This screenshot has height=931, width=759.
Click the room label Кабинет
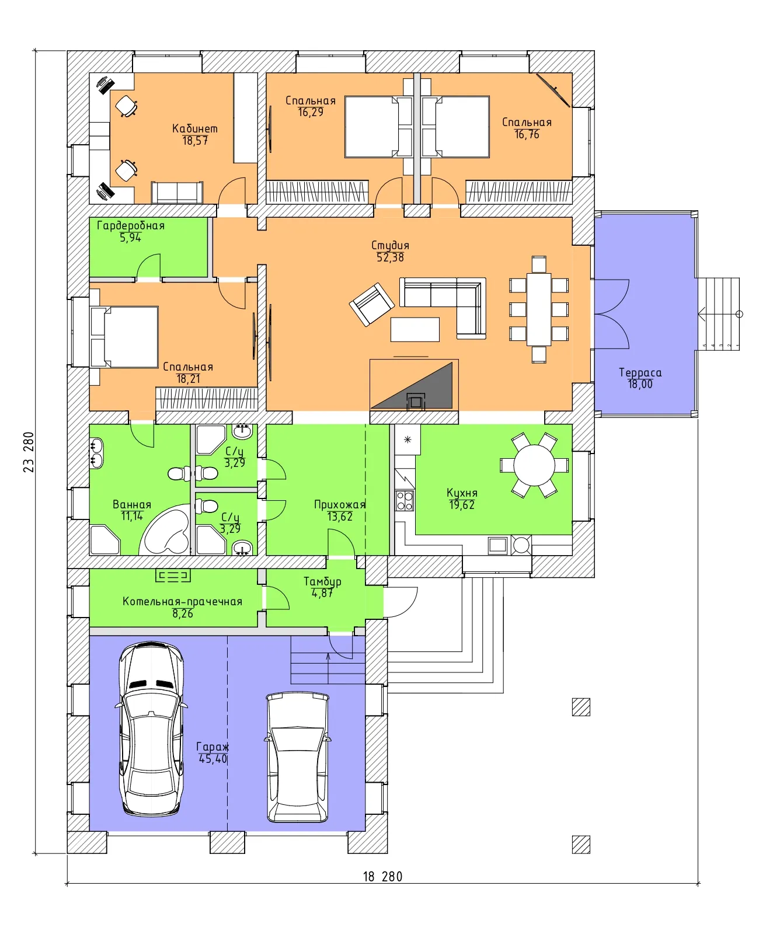pyautogui.click(x=194, y=128)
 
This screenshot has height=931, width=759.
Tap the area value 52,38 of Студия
pyautogui.click(x=390, y=257)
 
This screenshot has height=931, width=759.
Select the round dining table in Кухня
pyautogui.click(x=534, y=465)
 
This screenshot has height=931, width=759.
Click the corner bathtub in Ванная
pyautogui.click(x=165, y=530)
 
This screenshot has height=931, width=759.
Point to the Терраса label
pyautogui.click(x=640, y=373)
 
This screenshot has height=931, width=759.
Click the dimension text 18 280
pyautogui.click(x=382, y=877)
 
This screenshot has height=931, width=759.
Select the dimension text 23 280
pyautogui.click(x=29, y=452)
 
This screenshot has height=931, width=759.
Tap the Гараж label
pyautogui.click(x=213, y=747)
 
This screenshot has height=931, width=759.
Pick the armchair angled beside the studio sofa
pyautogui.click(x=372, y=304)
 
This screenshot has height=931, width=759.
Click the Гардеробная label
pyautogui.click(x=131, y=225)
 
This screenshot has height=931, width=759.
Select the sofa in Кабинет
pyautogui.click(x=177, y=193)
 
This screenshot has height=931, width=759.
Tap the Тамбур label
pyautogui.click(x=322, y=581)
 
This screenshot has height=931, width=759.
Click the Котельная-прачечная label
pyautogui.click(x=182, y=601)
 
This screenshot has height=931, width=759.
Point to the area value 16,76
pyautogui.click(x=527, y=134)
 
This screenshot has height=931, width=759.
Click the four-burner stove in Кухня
pyautogui.click(x=405, y=501)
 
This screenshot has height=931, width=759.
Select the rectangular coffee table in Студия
pyautogui.click(x=415, y=330)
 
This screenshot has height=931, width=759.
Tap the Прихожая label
pyautogui.click(x=340, y=504)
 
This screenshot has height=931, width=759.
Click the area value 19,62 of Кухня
pyautogui.click(x=462, y=505)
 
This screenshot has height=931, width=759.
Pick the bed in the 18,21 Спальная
pyautogui.click(x=124, y=337)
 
